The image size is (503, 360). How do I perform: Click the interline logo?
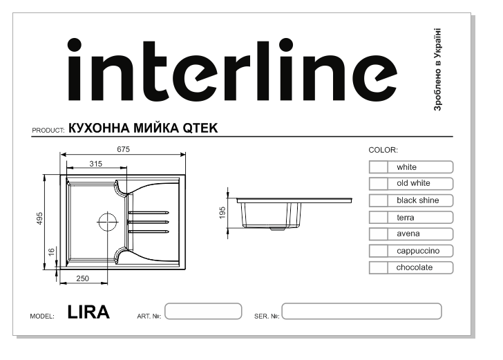click(233, 70)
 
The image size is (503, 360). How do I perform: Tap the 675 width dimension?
click(123, 149)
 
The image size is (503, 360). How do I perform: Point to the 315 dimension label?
click(95, 164)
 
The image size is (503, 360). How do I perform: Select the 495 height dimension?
click(39, 218)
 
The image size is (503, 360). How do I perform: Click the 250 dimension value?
click(82, 278)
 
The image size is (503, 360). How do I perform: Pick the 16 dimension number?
click(51, 252)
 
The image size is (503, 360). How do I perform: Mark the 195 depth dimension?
click(222, 213)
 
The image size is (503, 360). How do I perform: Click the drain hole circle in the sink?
click(108, 221)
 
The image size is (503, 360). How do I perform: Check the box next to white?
click(379, 167)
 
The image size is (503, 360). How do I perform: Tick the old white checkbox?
click(379, 184)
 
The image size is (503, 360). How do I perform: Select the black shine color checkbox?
click(379, 200)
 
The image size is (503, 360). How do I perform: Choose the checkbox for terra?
click(379, 218)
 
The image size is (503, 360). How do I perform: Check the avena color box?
click(379, 234)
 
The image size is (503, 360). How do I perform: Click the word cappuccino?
click(418, 251)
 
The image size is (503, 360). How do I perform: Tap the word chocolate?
click(415, 267)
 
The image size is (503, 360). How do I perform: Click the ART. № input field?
click(203, 311)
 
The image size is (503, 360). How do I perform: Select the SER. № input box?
click(361, 311)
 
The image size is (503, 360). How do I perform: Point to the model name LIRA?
click(88, 312)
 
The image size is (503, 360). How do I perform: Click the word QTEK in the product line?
click(200, 129)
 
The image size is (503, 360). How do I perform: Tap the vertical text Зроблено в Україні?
click(437, 70)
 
